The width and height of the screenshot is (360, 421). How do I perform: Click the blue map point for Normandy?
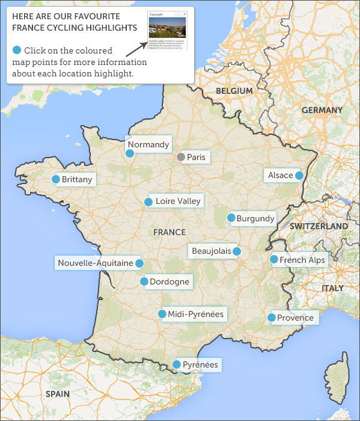129,153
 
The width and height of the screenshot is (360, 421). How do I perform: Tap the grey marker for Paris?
180,157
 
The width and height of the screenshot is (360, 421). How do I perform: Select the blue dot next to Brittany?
56,179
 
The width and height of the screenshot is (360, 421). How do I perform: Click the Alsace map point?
299,176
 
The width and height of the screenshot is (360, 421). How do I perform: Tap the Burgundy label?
255,219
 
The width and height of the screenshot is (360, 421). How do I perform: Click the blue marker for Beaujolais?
237,251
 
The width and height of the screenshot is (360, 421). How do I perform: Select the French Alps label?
302,260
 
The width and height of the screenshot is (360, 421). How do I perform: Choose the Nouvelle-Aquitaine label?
96,263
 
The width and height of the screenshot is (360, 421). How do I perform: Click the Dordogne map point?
144,281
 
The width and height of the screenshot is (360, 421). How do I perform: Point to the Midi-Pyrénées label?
195,314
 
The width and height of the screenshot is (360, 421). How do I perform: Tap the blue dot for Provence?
272,318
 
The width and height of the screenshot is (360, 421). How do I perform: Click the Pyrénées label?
200,364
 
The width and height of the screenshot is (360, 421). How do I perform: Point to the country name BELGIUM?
234,91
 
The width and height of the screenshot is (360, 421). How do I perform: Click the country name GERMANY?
322,110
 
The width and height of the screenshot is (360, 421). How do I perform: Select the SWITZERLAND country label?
319,226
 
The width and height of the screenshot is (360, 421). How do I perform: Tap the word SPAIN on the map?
58,394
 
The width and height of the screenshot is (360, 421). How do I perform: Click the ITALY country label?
332,288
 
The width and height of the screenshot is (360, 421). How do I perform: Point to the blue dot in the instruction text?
17,50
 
